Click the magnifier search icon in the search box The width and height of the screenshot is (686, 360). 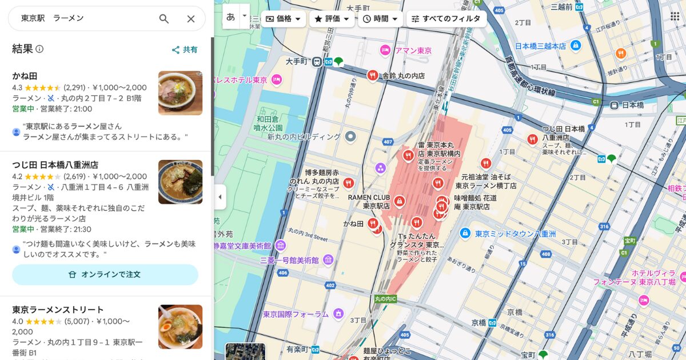click(164, 19)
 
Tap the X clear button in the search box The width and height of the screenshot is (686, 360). click(191, 19)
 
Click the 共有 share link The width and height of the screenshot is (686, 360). click(185, 50)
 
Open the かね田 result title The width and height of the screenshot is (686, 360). click(25, 76)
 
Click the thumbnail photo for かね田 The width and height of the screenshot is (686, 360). click(180, 93)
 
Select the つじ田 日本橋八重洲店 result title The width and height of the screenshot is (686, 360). click(55, 165)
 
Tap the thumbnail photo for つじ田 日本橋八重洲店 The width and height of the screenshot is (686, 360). click(180, 182)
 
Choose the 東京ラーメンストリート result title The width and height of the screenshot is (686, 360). click(58, 310)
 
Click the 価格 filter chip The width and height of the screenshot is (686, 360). click(284, 19)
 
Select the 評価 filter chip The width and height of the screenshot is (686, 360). click(332, 19)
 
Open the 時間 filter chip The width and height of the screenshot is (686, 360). click(380, 19)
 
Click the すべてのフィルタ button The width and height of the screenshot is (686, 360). click(446, 19)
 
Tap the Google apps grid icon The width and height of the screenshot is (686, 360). click(675, 16)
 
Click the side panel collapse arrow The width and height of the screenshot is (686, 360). click(220, 197)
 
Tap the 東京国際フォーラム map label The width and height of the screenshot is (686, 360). click(296, 314)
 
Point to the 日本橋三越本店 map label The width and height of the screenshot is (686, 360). click(540, 46)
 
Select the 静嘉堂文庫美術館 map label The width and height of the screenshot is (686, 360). click(242, 246)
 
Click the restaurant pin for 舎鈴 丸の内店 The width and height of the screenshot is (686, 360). click(373, 75)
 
